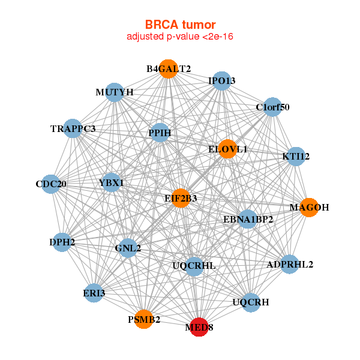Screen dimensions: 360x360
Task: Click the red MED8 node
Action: tap(199, 327)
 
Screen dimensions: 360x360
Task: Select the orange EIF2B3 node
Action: tap(181, 198)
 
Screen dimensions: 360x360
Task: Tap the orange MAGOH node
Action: tap(308, 208)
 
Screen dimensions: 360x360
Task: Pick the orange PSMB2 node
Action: tap(144, 319)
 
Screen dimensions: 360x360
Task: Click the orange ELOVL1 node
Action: tap(227, 149)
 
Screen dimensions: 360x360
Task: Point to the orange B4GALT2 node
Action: tap(169, 69)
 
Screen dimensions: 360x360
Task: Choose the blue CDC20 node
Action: tap(51, 184)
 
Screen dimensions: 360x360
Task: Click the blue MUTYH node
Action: tap(115, 92)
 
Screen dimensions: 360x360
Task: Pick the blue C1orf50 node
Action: tap(272, 107)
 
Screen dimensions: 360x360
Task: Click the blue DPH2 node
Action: tap(62, 242)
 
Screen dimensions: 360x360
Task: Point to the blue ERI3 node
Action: tap(94, 293)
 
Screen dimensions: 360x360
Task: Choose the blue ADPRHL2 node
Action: tap(290, 264)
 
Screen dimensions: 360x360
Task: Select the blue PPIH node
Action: tap(160, 133)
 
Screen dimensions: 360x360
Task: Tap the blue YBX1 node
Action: tap(111, 182)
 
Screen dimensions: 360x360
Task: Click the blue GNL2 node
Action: tap(128, 248)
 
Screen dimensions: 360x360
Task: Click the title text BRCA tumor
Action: tap(180, 25)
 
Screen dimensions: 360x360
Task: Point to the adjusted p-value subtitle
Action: tap(180, 37)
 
